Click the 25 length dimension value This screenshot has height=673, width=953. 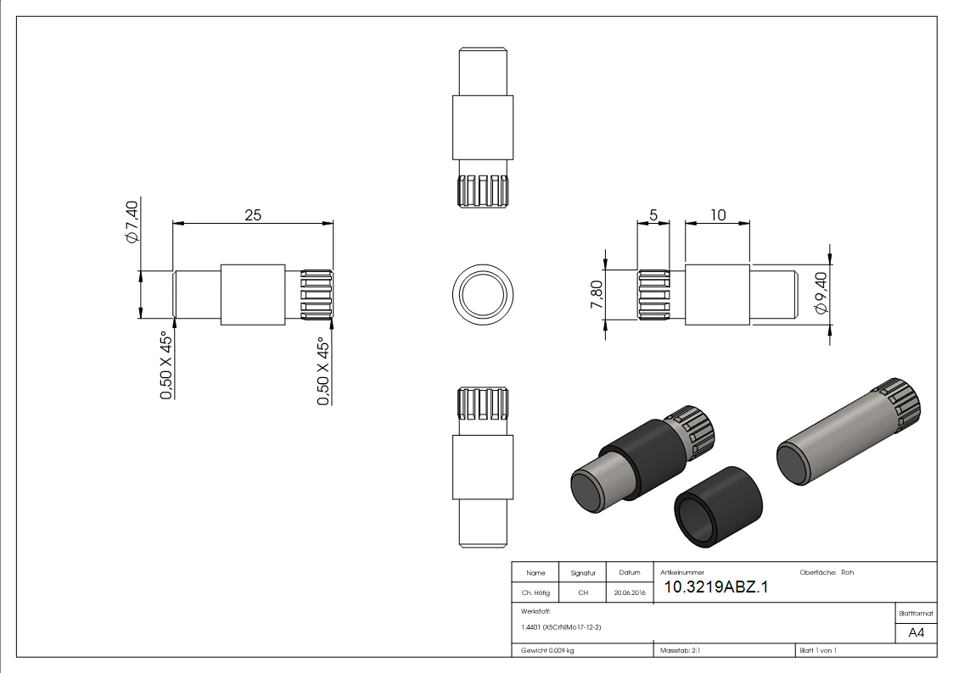point(253,215)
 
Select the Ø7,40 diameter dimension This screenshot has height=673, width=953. point(132,221)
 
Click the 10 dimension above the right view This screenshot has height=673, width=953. point(718,215)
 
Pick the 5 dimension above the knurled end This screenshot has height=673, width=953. point(653,215)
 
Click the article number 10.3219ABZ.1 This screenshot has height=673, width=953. point(715,587)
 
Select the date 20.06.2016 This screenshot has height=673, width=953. point(629,593)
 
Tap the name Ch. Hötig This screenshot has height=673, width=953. point(536,593)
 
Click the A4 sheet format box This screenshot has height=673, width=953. point(917,633)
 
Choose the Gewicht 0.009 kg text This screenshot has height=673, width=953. point(547,651)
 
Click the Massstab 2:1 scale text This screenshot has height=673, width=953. point(680,651)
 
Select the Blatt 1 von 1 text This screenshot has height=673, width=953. point(818,651)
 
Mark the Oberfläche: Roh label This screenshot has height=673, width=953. point(827,572)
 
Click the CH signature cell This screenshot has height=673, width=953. point(583,593)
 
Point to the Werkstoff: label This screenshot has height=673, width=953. point(536,610)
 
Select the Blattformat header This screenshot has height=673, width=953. point(917,612)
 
